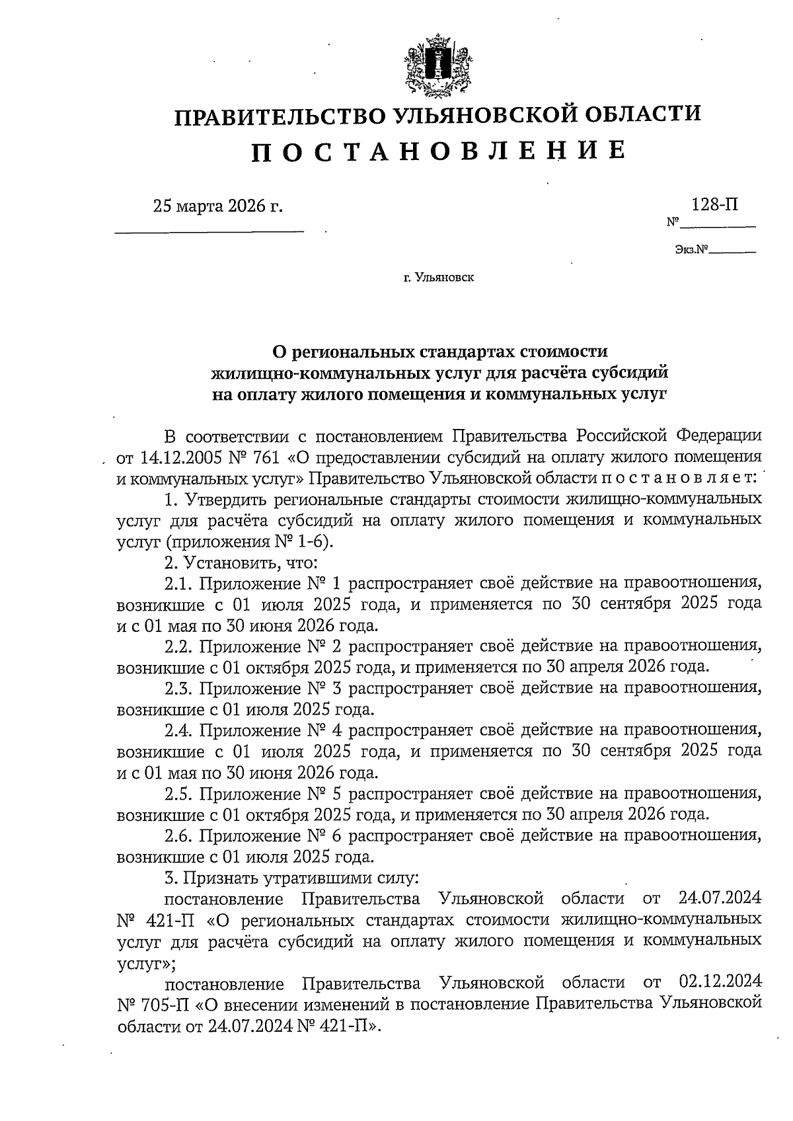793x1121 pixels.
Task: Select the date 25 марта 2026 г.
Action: point(217,206)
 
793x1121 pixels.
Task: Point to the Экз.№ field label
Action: point(691,250)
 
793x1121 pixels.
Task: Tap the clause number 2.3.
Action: point(178,689)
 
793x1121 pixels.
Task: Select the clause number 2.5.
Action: point(178,793)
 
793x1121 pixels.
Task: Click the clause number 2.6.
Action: point(178,836)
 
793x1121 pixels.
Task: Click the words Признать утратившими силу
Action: point(300,878)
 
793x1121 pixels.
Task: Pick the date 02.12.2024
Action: point(720,983)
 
